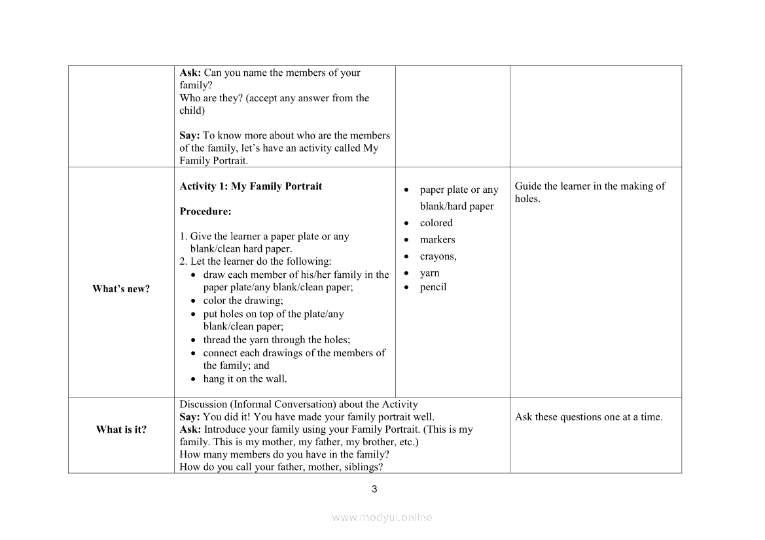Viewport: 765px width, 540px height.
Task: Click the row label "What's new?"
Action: [121, 289]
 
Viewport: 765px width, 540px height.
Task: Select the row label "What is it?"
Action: [121, 430]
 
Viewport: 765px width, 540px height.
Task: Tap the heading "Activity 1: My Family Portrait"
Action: [251, 186]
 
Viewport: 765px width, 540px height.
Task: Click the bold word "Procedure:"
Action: [205, 212]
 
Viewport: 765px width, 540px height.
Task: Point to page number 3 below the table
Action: [374, 489]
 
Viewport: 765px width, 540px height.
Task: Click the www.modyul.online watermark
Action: [382, 517]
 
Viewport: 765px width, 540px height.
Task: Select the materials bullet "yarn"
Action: [429, 273]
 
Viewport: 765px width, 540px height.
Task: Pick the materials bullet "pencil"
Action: [433, 287]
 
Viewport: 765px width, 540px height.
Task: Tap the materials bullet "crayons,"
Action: [438, 256]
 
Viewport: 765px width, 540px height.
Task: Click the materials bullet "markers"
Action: [437, 240]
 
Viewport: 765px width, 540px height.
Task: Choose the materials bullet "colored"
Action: [436, 223]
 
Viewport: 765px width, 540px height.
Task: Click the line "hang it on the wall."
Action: [245, 379]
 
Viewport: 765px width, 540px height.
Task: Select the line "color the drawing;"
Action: [243, 301]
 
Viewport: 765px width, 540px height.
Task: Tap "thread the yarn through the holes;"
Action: [276, 340]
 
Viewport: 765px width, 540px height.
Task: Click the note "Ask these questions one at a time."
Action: [588, 417]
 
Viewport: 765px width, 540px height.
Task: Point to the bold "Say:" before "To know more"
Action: [190, 136]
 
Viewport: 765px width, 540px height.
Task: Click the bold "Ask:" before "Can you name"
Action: [190, 73]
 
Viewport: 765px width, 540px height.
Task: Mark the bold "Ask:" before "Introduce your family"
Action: [190, 430]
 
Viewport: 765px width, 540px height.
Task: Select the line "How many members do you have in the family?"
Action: [285, 454]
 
